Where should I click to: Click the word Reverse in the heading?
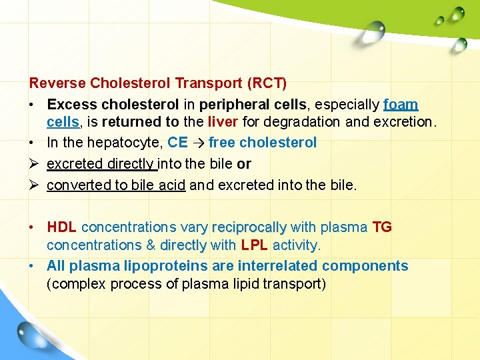(57, 83)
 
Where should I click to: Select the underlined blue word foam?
(401, 105)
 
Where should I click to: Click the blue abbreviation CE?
(177, 142)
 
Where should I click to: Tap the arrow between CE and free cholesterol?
(199, 143)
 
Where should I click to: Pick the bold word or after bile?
(244, 163)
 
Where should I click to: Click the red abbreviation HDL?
(61, 227)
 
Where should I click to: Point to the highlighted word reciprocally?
(249, 227)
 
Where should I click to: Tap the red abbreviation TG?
(382, 227)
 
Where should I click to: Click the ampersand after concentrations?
(150, 245)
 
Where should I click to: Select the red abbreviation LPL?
(255, 245)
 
